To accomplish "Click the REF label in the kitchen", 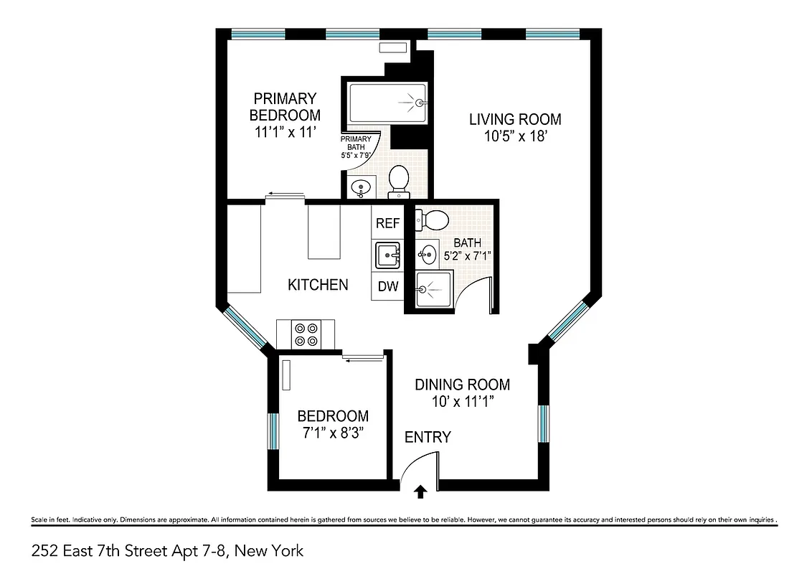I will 387,223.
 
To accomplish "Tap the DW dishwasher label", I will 387,286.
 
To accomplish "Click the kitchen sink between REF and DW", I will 387,254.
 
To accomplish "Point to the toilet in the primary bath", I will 399,181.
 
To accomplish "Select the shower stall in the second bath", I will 433,290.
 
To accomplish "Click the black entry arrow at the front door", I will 420,491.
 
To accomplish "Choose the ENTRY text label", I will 428,437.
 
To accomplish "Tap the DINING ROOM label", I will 462,385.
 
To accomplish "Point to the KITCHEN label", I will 318,285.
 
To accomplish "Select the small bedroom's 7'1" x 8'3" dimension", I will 333,433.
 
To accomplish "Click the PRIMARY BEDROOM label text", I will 285,106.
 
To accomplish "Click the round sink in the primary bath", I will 360,188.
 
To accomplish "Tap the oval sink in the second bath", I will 427,253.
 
